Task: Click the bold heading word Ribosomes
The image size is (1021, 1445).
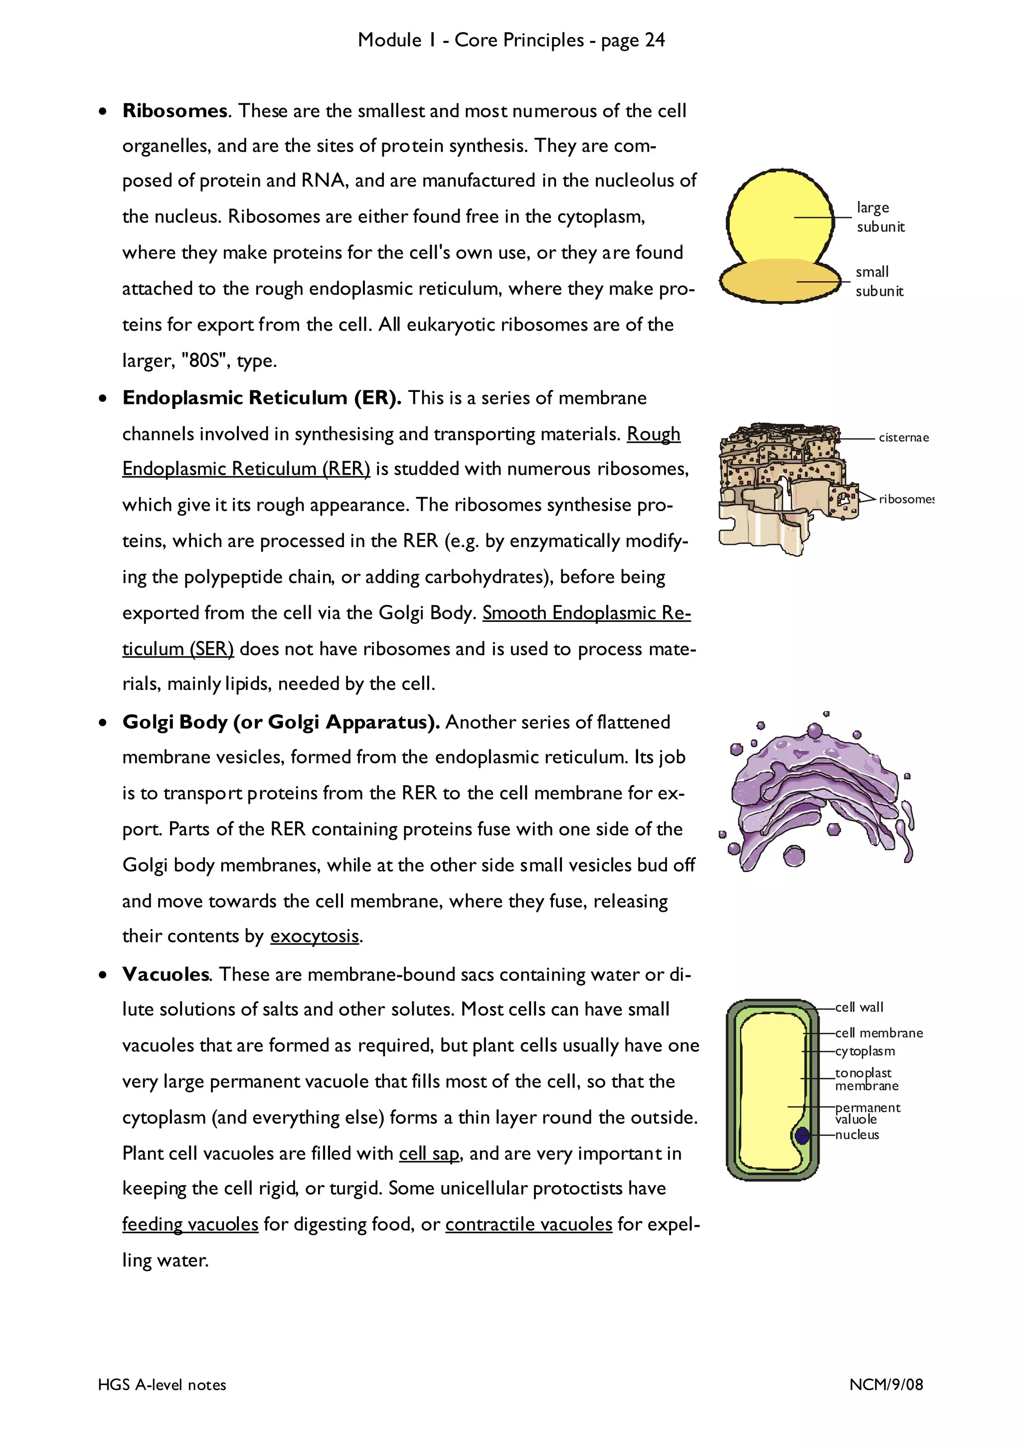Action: [174, 111]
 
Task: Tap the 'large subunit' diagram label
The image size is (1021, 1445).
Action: [879, 217]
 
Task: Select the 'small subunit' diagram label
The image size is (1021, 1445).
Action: [878, 281]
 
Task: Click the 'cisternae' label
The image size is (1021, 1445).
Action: [903, 437]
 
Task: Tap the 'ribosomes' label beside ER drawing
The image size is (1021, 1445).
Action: [905, 499]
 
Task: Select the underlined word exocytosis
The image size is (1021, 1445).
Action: [315, 936]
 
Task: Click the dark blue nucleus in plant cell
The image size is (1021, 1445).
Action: [802, 1136]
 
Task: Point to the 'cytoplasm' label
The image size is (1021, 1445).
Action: [864, 1051]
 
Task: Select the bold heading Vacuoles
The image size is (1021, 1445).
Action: [166, 975]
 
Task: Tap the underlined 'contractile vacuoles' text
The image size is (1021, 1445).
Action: [528, 1225]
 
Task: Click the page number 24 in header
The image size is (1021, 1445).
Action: [654, 40]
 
